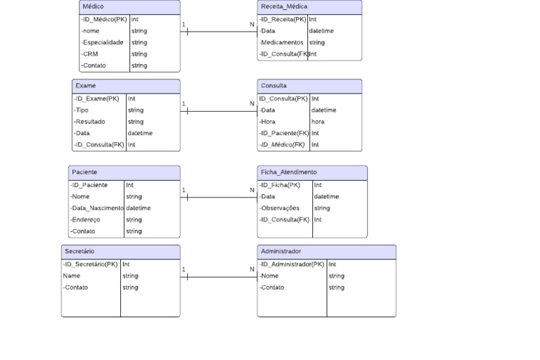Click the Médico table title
pyautogui.click(x=93, y=6)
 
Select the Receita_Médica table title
pyautogui.click(x=283, y=6)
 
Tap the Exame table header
pyautogui.click(x=86, y=86)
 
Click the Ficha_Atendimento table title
pyautogui.click(x=288, y=172)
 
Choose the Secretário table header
pyautogui.click(x=79, y=251)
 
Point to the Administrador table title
pyautogui.click(x=281, y=251)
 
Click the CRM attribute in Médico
pyautogui.click(x=90, y=54)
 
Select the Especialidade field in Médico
pyautogui.click(x=103, y=42)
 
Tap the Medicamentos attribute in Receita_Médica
pyautogui.click(x=281, y=42)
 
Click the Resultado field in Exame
pyautogui.click(x=90, y=122)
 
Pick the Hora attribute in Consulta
pyautogui.click(x=267, y=122)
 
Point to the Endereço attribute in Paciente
pyautogui.click(x=86, y=219)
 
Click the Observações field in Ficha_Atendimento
pyautogui.click(x=280, y=208)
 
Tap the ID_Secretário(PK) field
pyautogui.click(x=91, y=264)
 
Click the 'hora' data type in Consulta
pyautogui.click(x=318, y=122)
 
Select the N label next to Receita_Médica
pyautogui.click(x=252, y=25)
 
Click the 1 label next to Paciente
pyautogui.click(x=184, y=190)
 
